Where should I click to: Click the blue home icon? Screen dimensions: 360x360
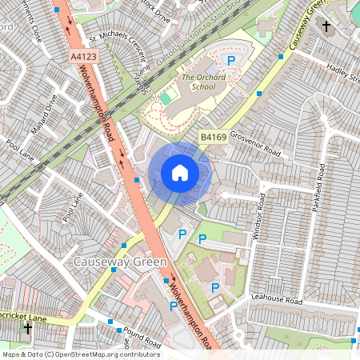180,172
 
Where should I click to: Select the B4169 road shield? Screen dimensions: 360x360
213,138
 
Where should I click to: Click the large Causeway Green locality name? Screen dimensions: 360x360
119,262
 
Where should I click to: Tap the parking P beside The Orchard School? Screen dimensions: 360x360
232,60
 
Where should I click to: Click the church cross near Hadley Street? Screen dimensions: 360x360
326,26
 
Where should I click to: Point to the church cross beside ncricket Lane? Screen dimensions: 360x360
28,328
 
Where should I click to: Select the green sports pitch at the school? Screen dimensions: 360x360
166,98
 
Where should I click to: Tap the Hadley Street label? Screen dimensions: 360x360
344,77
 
